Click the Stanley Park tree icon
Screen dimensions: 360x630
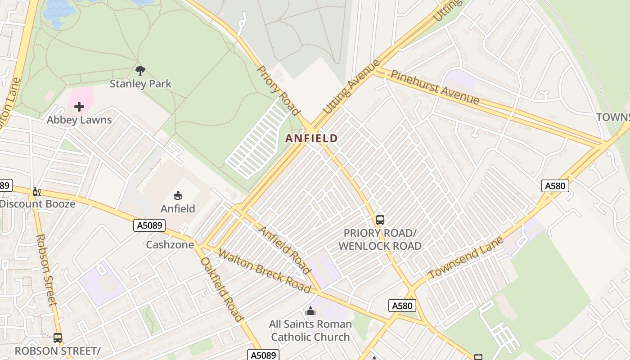[140, 70]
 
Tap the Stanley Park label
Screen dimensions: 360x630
[140, 84]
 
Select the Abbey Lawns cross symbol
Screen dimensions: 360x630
[79, 107]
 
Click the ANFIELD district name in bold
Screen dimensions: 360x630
[311, 138]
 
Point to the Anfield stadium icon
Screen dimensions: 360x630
[178, 195]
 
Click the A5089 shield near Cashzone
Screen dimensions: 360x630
[149, 225]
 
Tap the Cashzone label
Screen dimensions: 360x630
[170, 245]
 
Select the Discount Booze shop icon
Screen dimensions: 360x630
[36, 192]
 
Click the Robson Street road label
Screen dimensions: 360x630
[47, 270]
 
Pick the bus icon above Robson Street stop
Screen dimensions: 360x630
[58, 337]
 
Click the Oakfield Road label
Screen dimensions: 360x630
[221, 289]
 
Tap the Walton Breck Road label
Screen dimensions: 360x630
[264, 270]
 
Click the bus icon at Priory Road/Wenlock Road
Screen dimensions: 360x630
[380, 220]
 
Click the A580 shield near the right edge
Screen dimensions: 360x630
[555, 185]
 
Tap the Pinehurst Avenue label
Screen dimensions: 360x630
[434, 87]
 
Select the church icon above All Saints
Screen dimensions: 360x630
[310, 311]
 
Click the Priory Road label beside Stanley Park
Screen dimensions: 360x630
[278, 90]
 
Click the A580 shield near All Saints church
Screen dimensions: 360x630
[402, 306]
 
